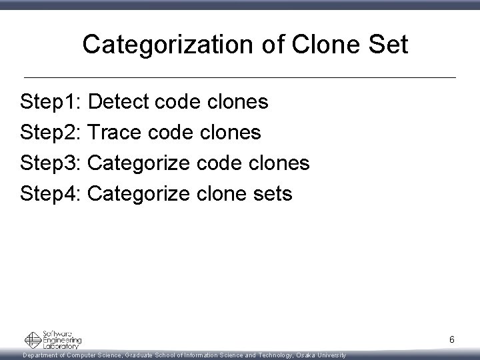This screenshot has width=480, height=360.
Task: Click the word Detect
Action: coord(118,102)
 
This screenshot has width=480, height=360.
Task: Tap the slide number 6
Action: coord(451,340)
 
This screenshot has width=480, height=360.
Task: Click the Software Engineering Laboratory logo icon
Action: coord(33,340)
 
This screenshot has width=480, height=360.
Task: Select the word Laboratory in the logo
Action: coord(61,345)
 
